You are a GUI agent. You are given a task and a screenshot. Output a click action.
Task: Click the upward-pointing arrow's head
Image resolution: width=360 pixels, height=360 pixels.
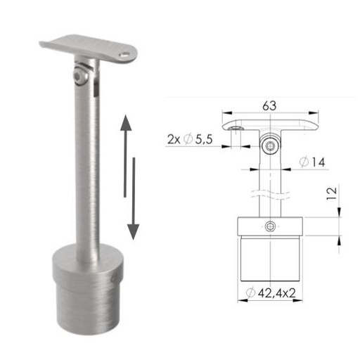click(x=125, y=126)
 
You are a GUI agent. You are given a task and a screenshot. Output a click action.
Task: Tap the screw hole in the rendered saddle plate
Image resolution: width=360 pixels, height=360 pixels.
click(x=126, y=53)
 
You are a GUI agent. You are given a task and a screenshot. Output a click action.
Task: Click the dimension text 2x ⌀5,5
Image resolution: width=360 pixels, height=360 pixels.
click(x=192, y=139)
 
